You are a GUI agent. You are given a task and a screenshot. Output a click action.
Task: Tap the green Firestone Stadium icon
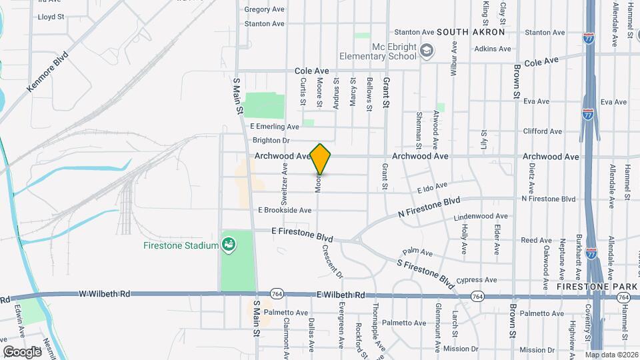(x=229, y=245)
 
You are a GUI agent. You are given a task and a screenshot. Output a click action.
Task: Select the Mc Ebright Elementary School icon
(x=426, y=50)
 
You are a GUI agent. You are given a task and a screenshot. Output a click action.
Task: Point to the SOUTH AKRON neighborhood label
(x=471, y=32)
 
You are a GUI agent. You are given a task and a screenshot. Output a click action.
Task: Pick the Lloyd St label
(x=51, y=17)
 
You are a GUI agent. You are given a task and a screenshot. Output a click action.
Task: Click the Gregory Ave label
(x=265, y=9)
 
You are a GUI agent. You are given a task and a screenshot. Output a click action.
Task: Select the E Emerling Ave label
(x=275, y=127)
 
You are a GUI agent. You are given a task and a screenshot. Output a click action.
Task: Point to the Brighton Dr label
(x=271, y=141)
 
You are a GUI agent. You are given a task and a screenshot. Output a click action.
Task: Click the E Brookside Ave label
(x=285, y=210)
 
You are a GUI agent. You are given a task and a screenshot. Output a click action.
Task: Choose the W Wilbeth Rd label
(x=102, y=293)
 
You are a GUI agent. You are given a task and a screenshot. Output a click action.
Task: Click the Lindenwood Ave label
(x=480, y=217)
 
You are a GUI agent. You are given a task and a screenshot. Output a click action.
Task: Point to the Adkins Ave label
(x=493, y=49)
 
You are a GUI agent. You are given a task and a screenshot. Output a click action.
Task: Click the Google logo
(x=22, y=351)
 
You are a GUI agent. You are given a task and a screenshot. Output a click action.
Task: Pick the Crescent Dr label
(x=331, y=261)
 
